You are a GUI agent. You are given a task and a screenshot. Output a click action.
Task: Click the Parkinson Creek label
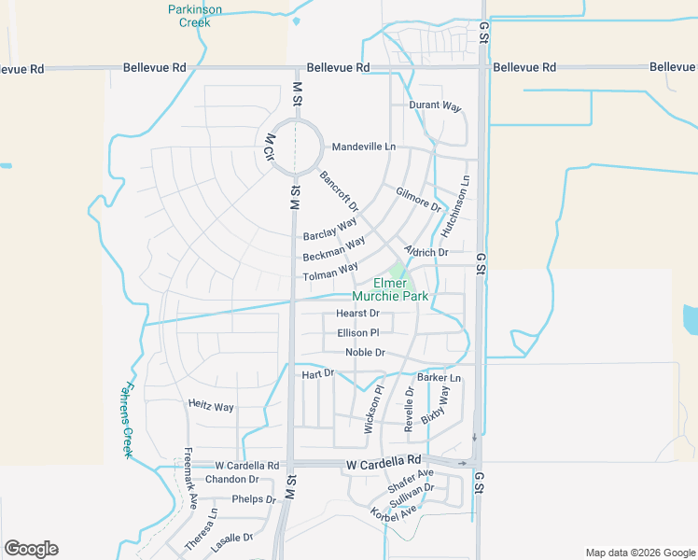point(195,16)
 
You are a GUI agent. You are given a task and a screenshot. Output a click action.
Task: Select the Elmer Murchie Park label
point(401,289)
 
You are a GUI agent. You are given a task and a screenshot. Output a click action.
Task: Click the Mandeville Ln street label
point(364,147)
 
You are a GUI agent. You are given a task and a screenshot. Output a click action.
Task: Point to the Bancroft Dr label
point(339,190)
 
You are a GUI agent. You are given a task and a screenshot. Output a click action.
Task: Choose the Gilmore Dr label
point(417,199)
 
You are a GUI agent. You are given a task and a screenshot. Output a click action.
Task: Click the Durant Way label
point(436,106)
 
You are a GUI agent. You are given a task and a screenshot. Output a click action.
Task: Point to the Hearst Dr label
point(358,314)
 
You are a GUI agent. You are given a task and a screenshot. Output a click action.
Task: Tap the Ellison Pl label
point(358,332)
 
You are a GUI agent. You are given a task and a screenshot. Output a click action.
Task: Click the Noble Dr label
point(365,352)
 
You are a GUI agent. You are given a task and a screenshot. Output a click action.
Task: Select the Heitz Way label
point(211,406)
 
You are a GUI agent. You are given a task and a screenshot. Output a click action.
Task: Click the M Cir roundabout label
point(269,148)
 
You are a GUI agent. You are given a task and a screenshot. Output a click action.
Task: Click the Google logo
point(31,549)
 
